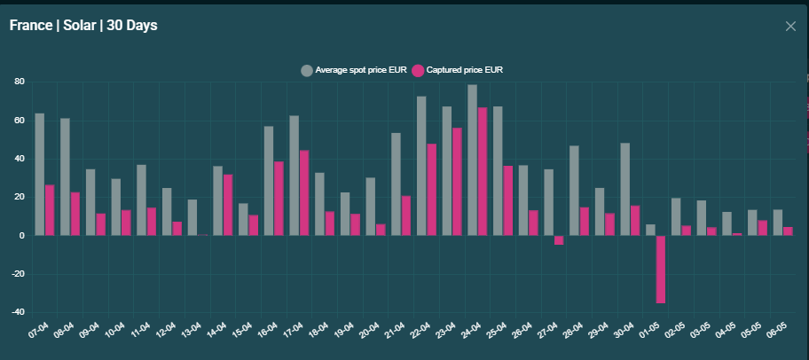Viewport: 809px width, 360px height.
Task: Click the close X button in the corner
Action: coord(790,26)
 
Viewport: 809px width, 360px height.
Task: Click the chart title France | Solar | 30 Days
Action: coord(83,26)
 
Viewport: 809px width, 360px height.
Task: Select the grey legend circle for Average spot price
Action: coord(307,70)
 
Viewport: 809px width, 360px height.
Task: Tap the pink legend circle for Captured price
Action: coord(419,70)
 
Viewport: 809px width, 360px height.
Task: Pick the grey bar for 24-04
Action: coord(473,160)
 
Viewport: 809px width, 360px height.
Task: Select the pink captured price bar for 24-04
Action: coord(483,171)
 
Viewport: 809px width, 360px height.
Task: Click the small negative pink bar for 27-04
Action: coord(559,239)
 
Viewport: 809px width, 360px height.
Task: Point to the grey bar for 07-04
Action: coord(40,174)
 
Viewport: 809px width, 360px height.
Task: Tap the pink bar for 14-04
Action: coord(228,205)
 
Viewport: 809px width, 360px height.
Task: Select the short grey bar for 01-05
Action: coord(650,230)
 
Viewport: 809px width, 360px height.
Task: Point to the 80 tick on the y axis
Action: coord(19,82)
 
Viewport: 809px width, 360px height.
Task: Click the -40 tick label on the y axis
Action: coord(16,312)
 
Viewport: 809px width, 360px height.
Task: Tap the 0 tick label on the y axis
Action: coord(21,236)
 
